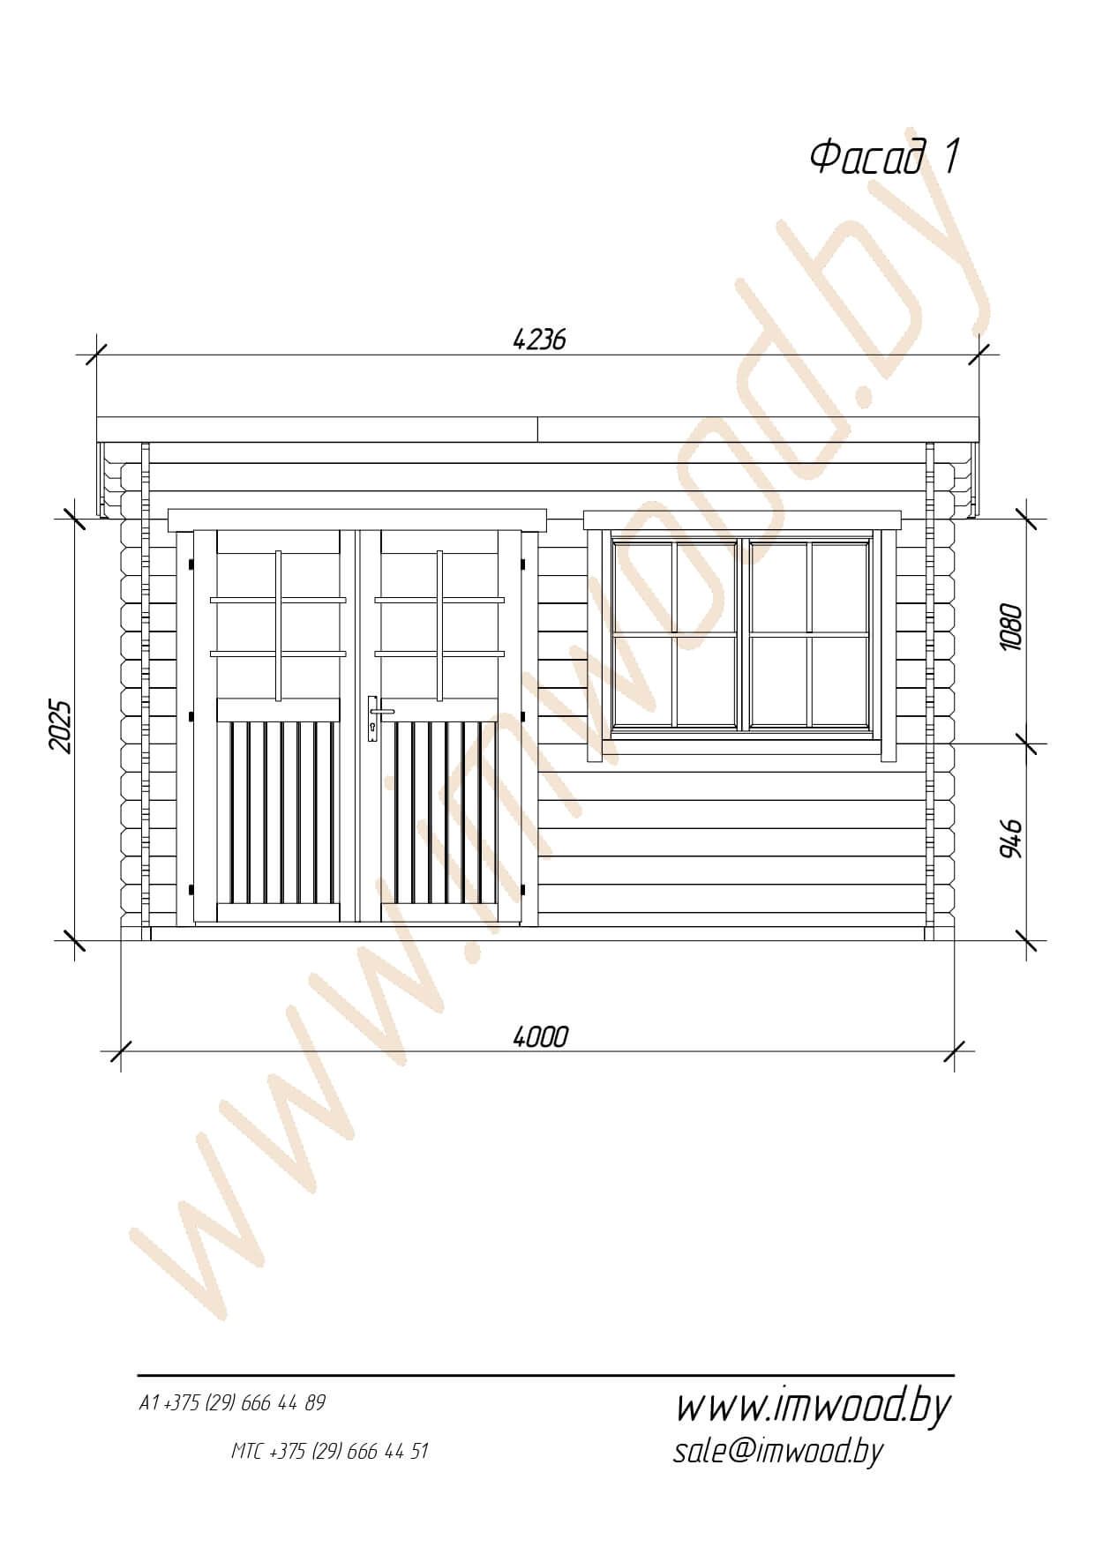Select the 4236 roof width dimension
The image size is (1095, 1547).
pyautogui.click(x=539, y=339)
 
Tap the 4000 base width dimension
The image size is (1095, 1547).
pyautogui.click(x=540, y=1036)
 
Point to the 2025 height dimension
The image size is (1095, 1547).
pyautogui.click(x=59, y=727)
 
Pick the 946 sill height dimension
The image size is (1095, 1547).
pyautogui.click(x=1010, y=839)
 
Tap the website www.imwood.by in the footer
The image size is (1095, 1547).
pyautogui.click(x=813, y=1408)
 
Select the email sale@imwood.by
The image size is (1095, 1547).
pyautogui.click(x=777, y=1451)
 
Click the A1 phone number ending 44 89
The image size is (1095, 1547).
pyautogui.click(x=232, y=1403)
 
